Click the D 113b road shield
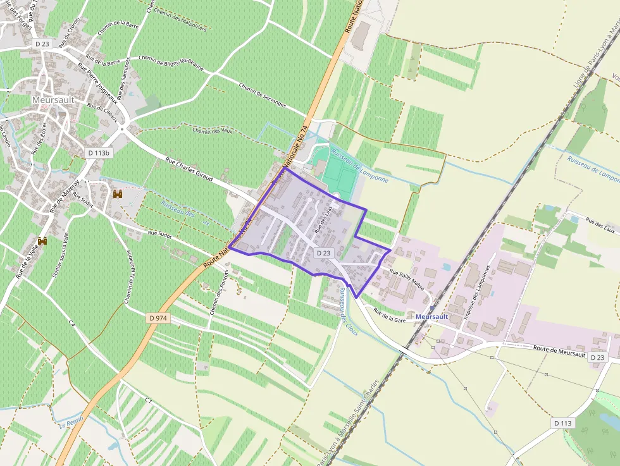click(99, 153)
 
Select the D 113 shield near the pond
click(562, 423)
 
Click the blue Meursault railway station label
click(432, 316)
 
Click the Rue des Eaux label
click(600, 226)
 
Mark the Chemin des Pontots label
click(218, 294)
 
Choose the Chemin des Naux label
click(213, 131)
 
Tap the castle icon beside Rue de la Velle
click(42, 240)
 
